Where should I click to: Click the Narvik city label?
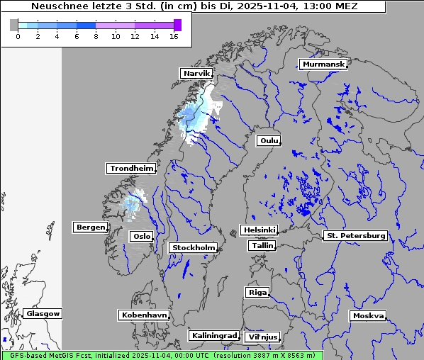[x=197, y=74]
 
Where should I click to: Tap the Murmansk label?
[x=323, y=64]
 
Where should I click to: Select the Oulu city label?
[x=269, y=141]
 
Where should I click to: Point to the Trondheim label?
[x=131, y=169]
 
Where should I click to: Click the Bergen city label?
[x=89, y=227]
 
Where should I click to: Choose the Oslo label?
[x=141, y=236]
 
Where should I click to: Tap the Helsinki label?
[x=259, y=230]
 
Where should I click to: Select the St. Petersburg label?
[x=355, y=235]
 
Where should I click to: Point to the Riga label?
[x=257, y=292]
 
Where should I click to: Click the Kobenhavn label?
[x=145, y=315]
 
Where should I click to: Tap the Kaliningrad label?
[x=213, y=335]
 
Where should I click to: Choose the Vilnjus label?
[x=262, y=337]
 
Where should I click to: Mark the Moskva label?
[x=368, y=316]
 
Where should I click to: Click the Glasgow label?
[x=43, y=314]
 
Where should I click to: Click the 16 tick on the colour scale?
[x=174, y=35]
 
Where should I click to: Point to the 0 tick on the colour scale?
[x=17, y=35]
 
